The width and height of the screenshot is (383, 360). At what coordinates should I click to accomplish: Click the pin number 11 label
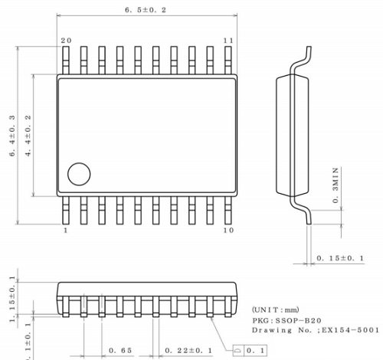[228, 40]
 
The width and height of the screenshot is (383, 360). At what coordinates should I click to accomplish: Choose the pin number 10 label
[228, 230]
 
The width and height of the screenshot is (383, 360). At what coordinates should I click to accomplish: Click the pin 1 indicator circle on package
[78, 174]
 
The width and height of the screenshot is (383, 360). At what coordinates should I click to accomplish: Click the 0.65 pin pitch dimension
[120, 350]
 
